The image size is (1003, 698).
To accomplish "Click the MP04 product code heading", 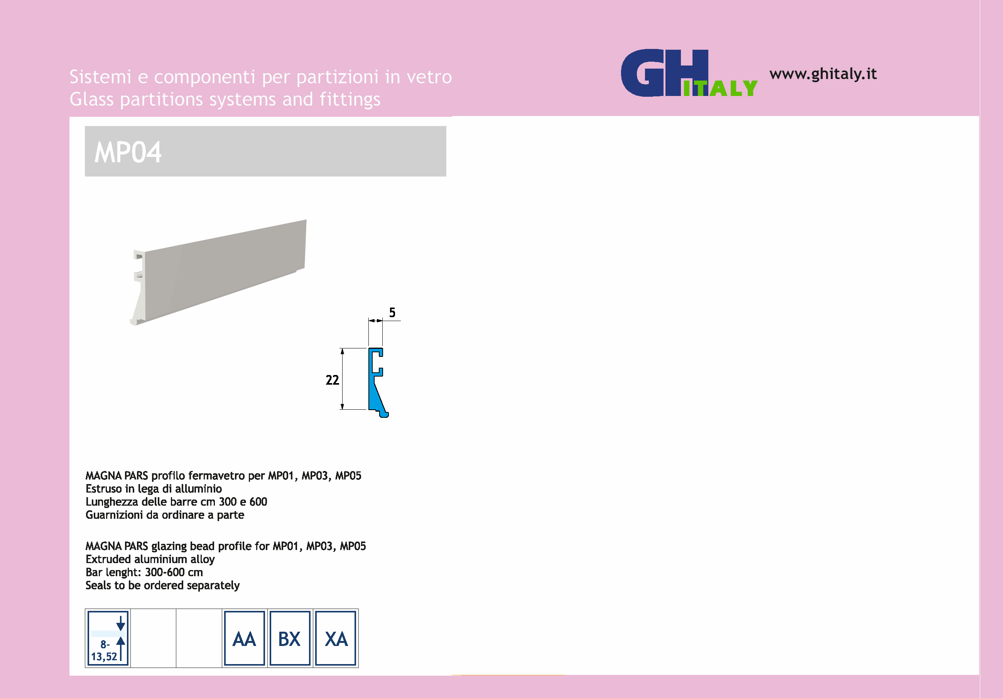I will pyautogui.click(x=128, y=152).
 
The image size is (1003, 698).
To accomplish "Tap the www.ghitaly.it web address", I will pyautogui.click(x=822, y=74).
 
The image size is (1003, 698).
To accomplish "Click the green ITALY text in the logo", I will pyautogui.click(x=720, y=89).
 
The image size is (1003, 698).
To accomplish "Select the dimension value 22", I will pyautogui.click(x=332, y=380).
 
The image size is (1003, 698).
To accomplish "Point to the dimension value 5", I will pyautogui.click(x=392, y=313).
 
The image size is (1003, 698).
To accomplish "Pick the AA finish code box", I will pyautogui.click(x=244, y=639).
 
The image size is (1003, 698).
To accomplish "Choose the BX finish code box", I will pyautogui.click(x=290, y=639).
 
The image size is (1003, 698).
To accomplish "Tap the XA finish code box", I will pyautogui.click(x=336, y=639).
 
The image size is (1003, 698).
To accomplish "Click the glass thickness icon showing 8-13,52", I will pyautogui.click(x=108, y=639).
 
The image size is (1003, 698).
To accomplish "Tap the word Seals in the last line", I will pyautogui.click(x=98, y=585).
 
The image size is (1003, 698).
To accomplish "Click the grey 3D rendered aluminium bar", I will pyautogui.click(x=223, y=271).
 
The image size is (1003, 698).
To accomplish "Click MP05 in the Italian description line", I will pyautogui.click(x=348, y=476).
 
